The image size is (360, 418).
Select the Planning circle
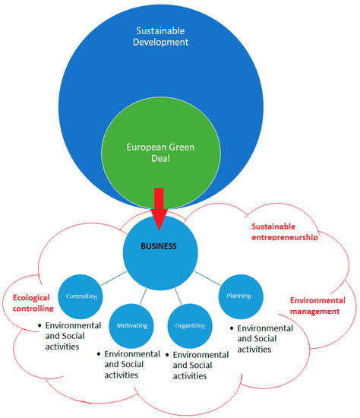(x=240, y=295)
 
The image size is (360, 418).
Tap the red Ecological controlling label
(x=32, y=303)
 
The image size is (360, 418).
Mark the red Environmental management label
(x=317, y=306)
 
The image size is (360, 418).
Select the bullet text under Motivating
(x=132, y=365)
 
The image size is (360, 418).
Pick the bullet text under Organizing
(x=201, y=365)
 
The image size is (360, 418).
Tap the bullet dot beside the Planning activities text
(x=231, y=328)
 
